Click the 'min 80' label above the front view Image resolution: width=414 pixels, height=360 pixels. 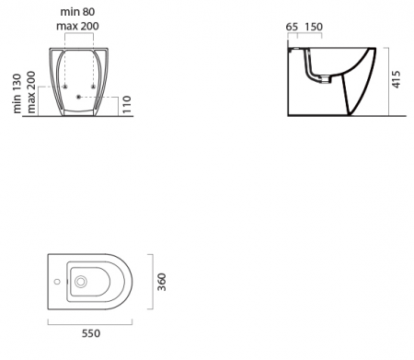(x=77, y=12)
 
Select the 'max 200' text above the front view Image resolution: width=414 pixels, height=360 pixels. (x=77, y=26)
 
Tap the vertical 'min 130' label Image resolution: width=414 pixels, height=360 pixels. (x=17, y=93)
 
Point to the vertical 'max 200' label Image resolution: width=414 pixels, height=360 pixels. (x=31, y=92)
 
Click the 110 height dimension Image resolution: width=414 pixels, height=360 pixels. (x=127, y=105)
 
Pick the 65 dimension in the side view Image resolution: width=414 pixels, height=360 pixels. (x=292, y=27)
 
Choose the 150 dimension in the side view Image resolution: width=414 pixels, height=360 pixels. (x=314, y=27)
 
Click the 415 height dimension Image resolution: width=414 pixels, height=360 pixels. (x=396, y=79)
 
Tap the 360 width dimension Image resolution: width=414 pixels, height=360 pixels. (x=161, y=282)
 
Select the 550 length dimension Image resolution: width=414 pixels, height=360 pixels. (x=91, y=333)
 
